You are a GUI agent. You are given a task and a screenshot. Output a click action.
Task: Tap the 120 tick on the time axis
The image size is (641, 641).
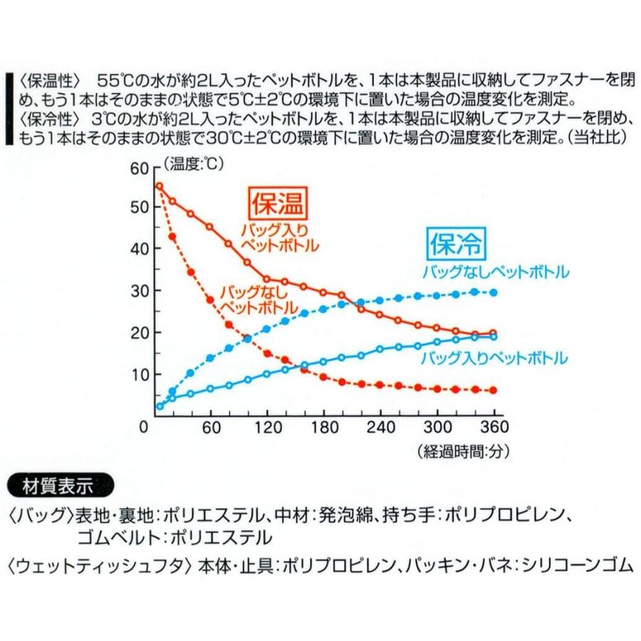pyautogui.click(x=266, y=427)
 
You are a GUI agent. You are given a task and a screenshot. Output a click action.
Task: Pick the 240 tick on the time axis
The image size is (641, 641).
pyautogui.click(x=380, y=427)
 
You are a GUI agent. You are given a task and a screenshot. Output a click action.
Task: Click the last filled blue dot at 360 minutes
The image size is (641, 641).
pyautogui.click(x=493, y=293)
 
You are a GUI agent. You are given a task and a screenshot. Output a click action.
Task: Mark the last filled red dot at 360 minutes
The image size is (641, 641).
pyautogui.click(x=493, y=390)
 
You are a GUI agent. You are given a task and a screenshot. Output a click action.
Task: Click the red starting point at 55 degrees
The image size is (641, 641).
pyautogui.click(x=160, y=187)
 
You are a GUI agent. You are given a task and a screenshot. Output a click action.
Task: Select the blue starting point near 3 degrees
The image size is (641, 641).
pyautogui.click(x=160, y=406)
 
